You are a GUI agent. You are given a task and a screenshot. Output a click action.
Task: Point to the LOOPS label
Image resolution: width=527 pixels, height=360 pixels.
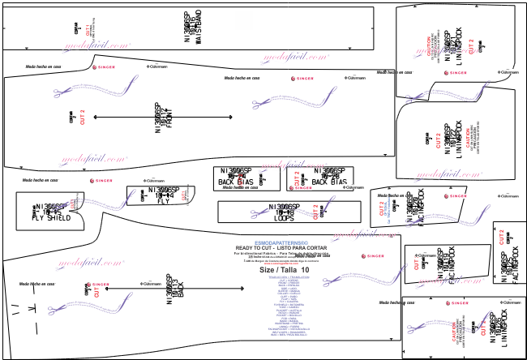pos(284,218)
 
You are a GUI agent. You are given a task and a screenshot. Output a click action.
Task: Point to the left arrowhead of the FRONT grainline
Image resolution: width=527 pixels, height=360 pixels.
pos(96,118)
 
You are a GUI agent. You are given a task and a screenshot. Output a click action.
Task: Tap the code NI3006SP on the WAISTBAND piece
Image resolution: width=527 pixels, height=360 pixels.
pos(188,22)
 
